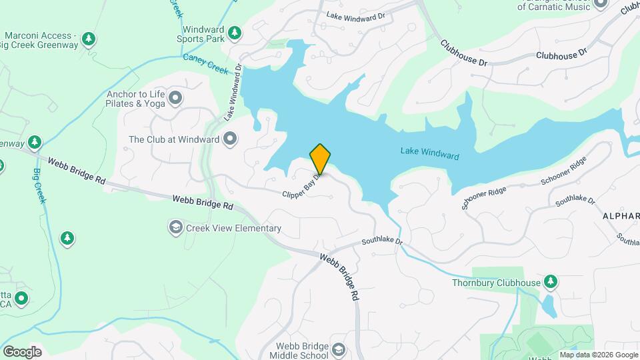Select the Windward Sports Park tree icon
[x=234, y=32]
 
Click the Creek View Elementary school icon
[x=176, y=228]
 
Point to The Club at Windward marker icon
[x=231, y=139]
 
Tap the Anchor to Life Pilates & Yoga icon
[x=176, y=99]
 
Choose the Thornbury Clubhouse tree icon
[x=551, y=283]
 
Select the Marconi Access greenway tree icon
[x=89, y=39]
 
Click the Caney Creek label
[x=206, y=63]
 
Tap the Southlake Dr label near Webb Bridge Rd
[x=382, y=242]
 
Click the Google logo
[x=22, y=352]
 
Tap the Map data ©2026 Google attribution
[x=599, y=355]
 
